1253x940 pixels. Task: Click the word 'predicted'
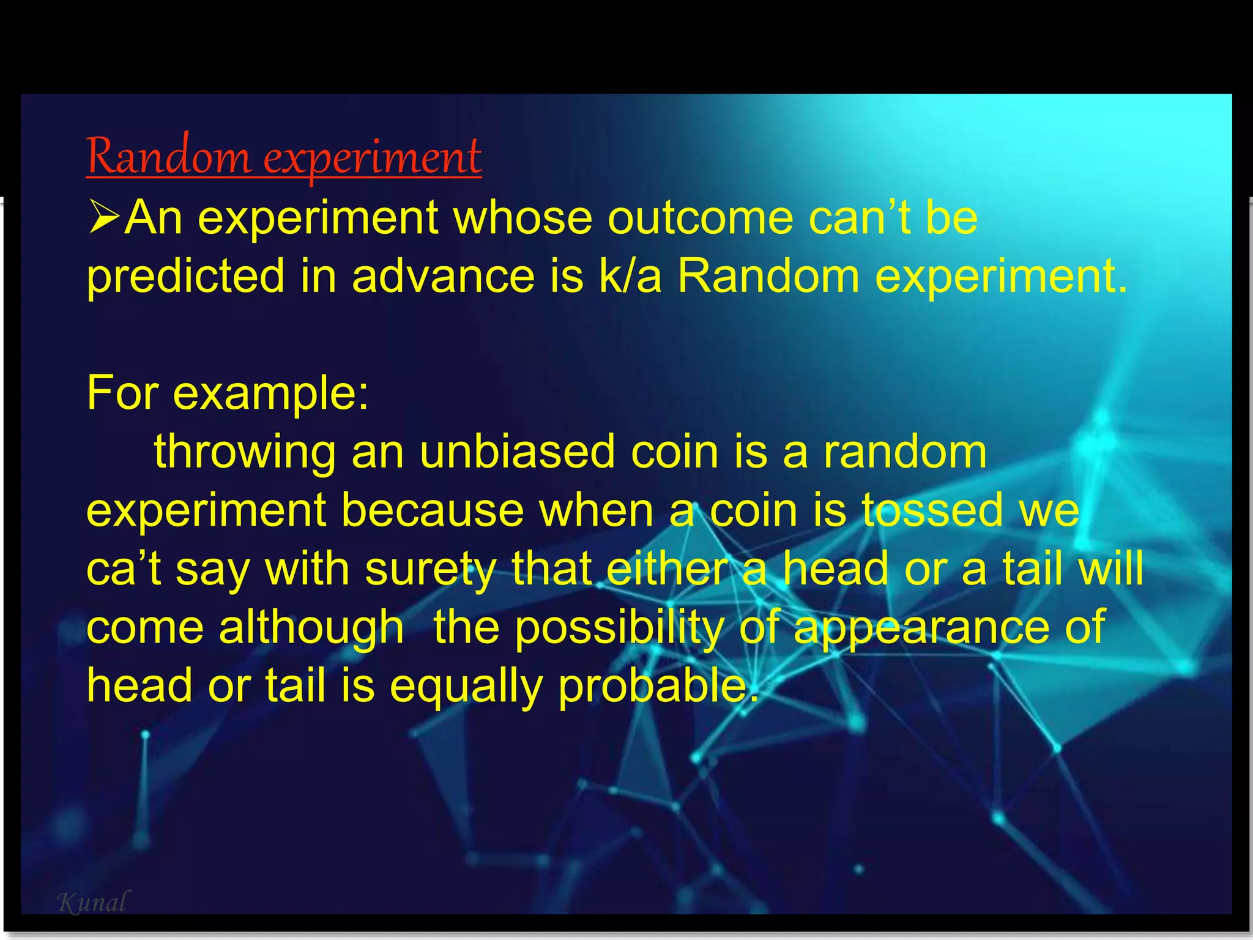pyautogui.click(x=185, y=277)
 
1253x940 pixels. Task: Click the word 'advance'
pyautogui.click(x=444, y=277)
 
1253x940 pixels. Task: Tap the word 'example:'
pyautogui.click(x=271, y=394)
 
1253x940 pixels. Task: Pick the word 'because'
pyautogui.click(x=433, y=510)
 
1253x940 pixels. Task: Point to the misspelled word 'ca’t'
pyautogui.click(x=124, y=569)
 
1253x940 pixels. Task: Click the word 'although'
pyautogui.click(x=311, y=628)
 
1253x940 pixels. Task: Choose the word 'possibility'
pyautogui.click(x=619, y=628)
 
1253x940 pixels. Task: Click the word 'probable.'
pyautogui.click(x=658, y=687)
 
